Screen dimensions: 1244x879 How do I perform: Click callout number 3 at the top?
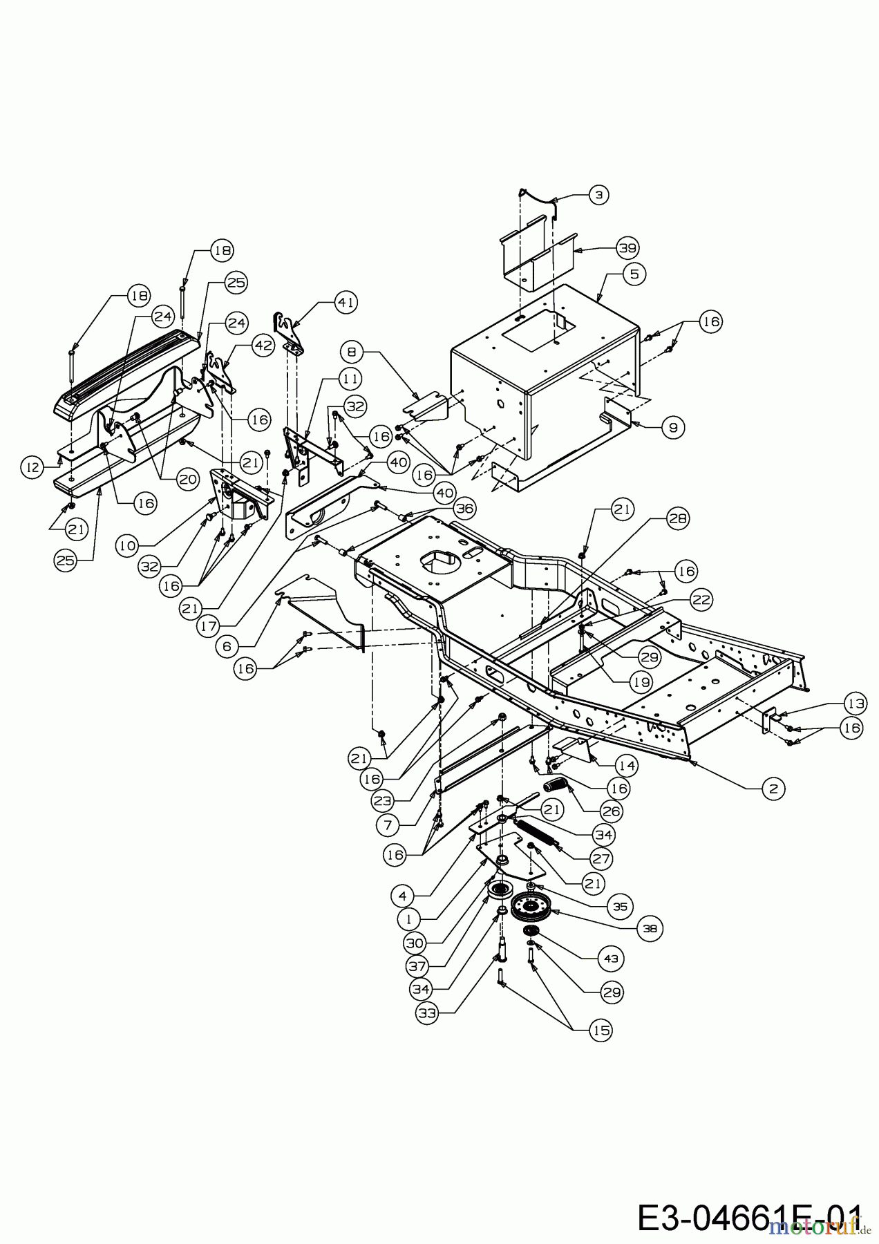(598, 195)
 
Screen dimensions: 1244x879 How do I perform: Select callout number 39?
(628, 247)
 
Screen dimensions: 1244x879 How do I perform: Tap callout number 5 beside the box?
(634, 274)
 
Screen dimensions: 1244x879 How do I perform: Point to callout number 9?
(672, 428)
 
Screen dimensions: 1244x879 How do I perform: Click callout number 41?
(346, 302)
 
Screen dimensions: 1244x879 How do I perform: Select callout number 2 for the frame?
(773, 788)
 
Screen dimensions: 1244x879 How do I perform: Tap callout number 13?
(855, 704)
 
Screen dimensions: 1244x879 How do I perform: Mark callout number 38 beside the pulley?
(650, 930)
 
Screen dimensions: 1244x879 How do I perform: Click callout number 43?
(612, 959)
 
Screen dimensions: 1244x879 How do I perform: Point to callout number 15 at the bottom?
(601, 1030)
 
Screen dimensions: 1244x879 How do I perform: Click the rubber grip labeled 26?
(556, 786)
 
